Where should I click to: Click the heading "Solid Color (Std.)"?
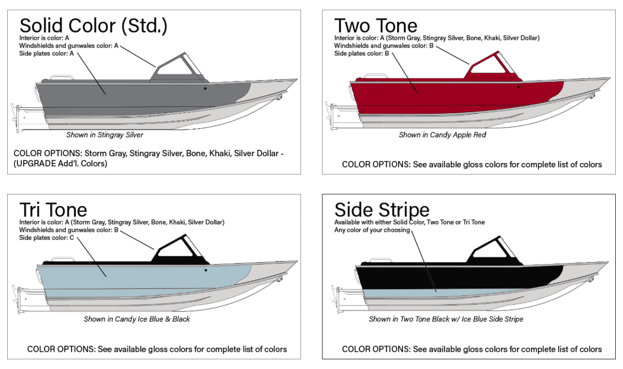pos(93,25)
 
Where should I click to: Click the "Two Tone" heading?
pos(375,25)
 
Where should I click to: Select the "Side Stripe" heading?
pos(382,210)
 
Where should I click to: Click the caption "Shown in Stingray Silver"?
pos(104,135)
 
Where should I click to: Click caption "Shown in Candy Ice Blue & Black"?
pos(137,319)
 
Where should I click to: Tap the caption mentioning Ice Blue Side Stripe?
pos(446,319)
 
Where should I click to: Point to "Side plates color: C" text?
pos(47,238)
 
